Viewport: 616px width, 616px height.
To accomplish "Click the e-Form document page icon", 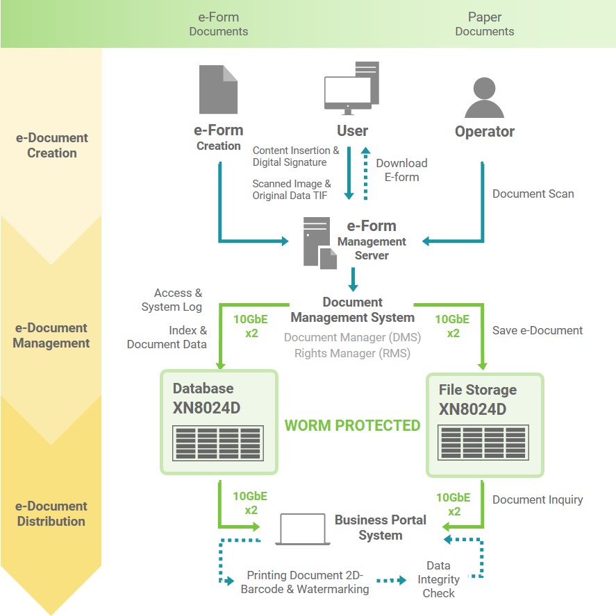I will [218, 90].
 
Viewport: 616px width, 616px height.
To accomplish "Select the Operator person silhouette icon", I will [484, 97].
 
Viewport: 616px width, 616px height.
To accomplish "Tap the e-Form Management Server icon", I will [319, 242].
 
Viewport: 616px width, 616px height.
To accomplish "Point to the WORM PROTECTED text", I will [353, 425].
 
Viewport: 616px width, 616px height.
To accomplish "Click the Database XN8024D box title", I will [206, 398].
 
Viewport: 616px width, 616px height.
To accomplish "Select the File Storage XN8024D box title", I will [477, 400].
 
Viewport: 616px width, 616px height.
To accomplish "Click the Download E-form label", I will [401, 170].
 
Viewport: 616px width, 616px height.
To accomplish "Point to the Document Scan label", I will [533, 194].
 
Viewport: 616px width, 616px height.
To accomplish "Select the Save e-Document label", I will [537, 330].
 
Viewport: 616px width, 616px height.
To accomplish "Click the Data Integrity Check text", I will [439, 579].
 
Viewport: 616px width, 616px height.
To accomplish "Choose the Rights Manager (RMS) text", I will [352, 353].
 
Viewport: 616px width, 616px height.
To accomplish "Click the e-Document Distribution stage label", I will [51, 514].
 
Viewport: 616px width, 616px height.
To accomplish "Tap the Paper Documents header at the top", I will [484, 24].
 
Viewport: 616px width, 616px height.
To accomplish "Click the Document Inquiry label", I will [537, 499].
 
